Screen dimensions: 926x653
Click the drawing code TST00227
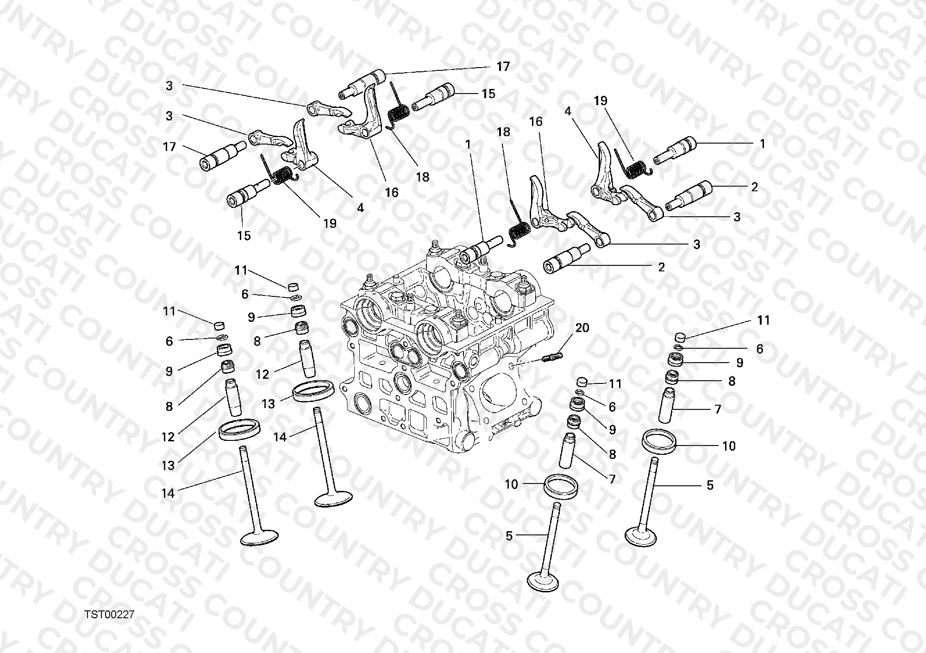click(x=110, y=615)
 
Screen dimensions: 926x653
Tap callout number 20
click(x=582, y=328)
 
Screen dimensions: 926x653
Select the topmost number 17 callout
click(x=503, y=67)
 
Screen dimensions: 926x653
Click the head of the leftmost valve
click(x=260, y=538)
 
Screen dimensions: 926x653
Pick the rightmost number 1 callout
click(x=762, y=144)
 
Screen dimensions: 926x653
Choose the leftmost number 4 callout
click(x=360, y=208)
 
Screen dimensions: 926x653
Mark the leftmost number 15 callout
click(x=244, y=235)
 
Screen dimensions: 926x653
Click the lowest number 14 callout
click(x=168, y=493)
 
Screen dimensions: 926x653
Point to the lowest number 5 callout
click(x=509, y=536)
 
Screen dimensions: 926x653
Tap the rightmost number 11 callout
click(x=763, y=320)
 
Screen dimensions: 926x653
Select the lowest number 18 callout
click(x=422, y=176)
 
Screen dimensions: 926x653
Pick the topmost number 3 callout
click(x=169, y=86)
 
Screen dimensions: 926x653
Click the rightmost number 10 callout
click(x=729, y=446)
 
